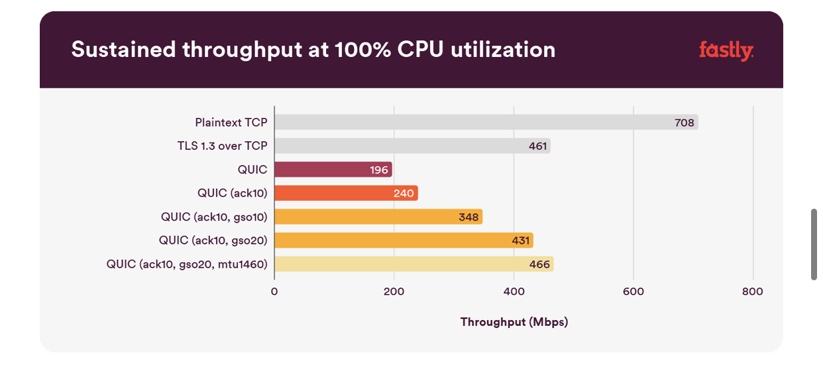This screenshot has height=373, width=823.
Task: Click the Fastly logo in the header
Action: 726,50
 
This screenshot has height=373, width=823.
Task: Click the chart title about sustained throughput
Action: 313,50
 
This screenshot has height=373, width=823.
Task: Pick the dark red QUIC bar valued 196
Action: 333,170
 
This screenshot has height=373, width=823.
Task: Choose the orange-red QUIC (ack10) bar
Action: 346,193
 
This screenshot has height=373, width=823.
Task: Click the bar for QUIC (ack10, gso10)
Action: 378,217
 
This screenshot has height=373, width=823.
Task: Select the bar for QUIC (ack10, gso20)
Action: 404,240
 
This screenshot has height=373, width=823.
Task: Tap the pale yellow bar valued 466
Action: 414,264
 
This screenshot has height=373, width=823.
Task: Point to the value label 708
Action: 685,123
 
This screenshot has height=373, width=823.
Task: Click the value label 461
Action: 537,146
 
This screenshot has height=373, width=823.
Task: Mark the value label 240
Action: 403,193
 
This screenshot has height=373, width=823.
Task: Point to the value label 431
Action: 521,240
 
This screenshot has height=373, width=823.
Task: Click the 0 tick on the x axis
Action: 274,292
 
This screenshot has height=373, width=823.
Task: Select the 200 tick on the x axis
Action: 394,292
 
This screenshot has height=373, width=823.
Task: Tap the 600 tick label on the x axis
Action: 633,292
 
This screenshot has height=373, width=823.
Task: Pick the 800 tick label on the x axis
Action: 753,292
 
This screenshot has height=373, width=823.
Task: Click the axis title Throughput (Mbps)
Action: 514,322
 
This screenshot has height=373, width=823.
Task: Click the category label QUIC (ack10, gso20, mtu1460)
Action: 187,264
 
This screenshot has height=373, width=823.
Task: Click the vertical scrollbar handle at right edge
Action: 814,244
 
